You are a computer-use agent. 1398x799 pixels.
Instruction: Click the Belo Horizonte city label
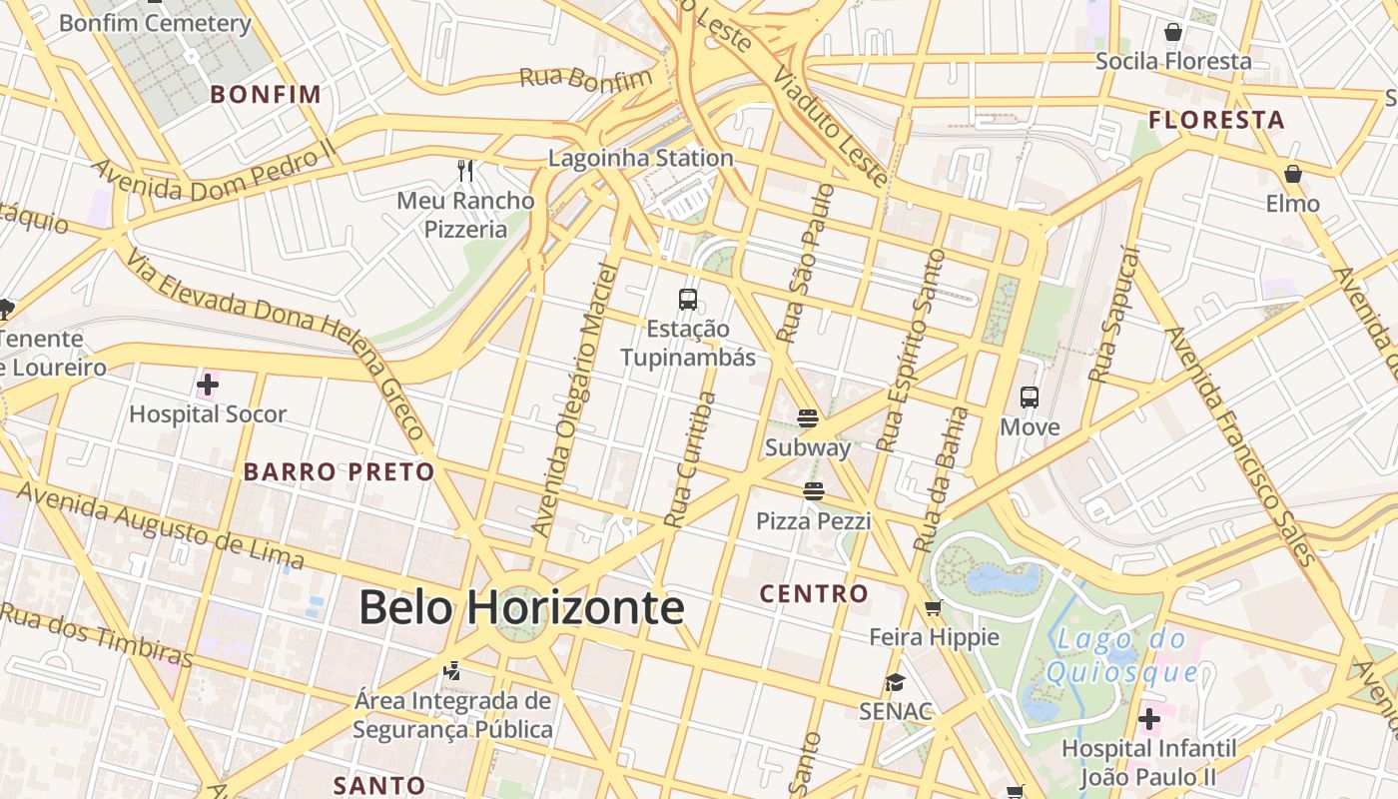(521, 607)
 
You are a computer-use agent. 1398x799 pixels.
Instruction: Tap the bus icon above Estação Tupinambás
(688, 299)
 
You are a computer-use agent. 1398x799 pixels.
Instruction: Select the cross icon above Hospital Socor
(208, 385)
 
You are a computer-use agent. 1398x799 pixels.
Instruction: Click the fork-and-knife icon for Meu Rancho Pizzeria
(465, 171)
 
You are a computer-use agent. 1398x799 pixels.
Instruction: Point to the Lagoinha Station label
(641, 158)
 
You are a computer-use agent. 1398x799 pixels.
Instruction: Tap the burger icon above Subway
(808, 417)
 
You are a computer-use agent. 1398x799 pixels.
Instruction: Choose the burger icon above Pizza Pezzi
(814, 491)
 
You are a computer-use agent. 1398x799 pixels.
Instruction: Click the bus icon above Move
(1030, 398)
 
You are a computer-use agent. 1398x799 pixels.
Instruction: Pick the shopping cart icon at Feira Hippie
(934, 607)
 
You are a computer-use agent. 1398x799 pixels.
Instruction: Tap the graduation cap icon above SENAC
(895, 682)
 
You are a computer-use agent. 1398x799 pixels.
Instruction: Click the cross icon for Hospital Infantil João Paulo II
(1149, 718)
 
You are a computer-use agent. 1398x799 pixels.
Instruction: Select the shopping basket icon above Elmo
(1293, 174)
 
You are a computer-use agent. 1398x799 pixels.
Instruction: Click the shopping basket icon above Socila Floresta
(1173, 32)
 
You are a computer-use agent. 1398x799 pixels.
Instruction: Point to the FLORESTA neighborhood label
(1216, 121)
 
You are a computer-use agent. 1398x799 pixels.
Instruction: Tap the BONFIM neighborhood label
(267, 95)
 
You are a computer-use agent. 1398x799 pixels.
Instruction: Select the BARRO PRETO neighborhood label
(340, 471)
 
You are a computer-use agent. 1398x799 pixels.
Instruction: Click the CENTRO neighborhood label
(814, 594)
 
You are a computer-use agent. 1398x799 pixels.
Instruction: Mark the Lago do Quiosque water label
(1121, 655)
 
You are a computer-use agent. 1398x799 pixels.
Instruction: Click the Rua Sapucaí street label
(1114, 316)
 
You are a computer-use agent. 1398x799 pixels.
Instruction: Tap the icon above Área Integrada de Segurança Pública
(452, 670)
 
